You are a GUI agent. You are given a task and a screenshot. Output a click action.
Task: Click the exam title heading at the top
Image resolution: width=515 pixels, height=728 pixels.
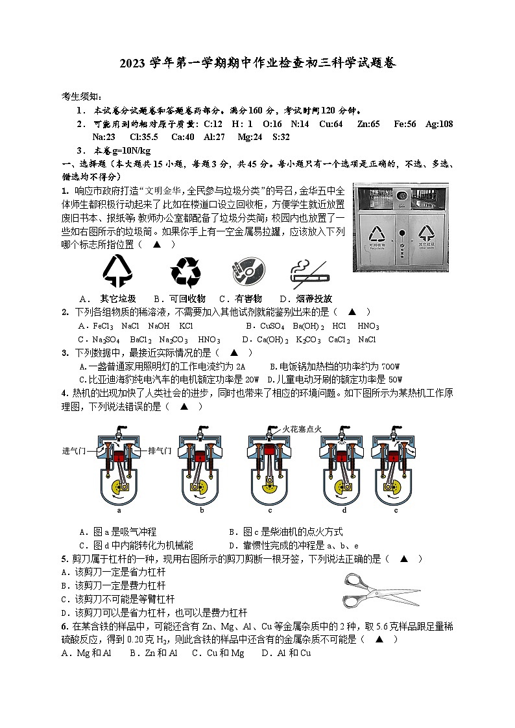point(257,63)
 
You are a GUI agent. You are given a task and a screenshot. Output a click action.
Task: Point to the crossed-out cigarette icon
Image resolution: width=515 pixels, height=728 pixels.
point(309,273)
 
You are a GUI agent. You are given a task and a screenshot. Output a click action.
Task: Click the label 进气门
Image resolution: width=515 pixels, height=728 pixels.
point(76,451)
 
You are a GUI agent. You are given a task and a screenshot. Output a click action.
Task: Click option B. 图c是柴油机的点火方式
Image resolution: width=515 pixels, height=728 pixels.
point(286,532)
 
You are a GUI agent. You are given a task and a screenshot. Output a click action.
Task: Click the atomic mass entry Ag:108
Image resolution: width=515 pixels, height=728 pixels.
point(439,124)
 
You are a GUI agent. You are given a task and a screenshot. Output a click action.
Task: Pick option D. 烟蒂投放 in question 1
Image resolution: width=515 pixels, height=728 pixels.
point(305,299)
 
